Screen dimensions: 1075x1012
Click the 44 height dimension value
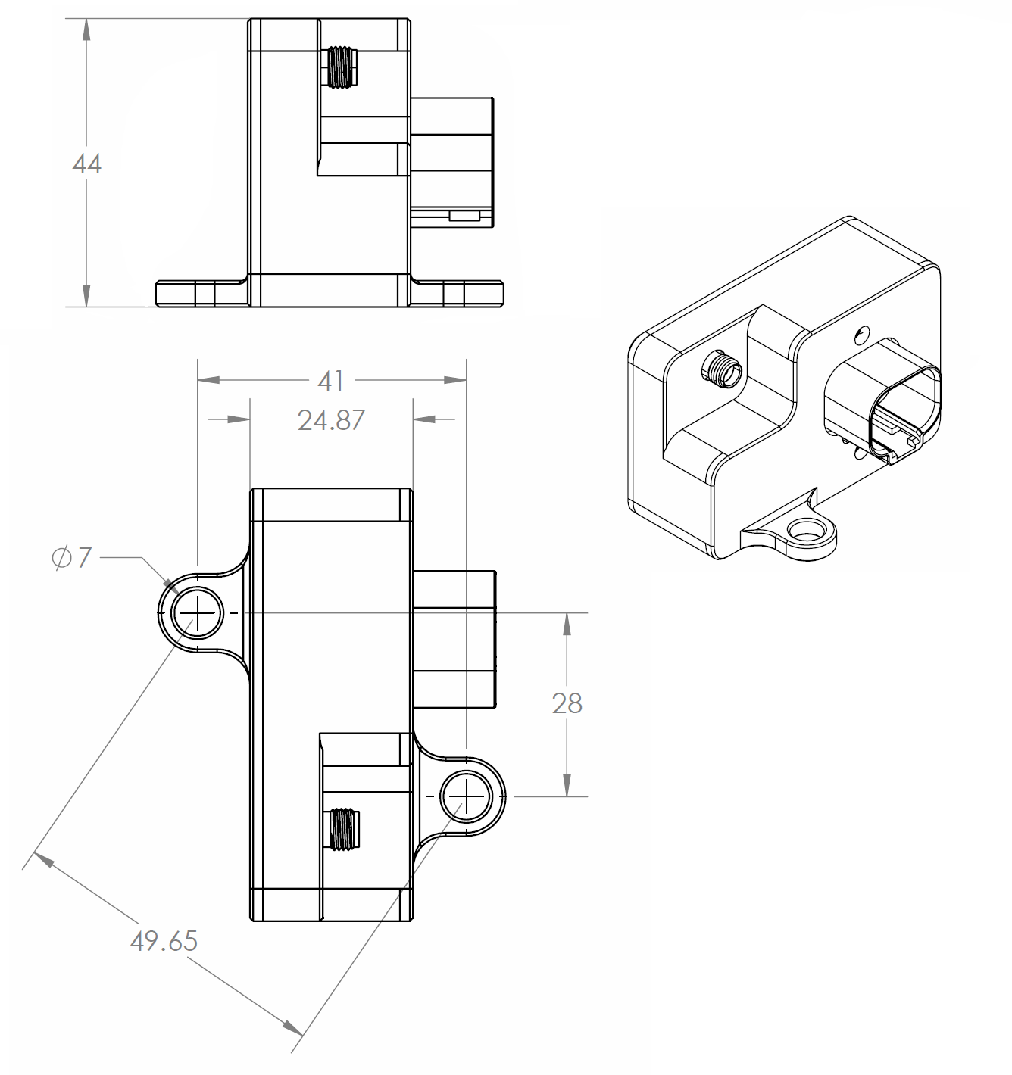tap(86, 164)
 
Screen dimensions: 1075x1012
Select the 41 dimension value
tap(331, 380)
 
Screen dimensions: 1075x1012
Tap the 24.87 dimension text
tap(331, 419)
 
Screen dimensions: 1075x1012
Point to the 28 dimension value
tap(567, 703)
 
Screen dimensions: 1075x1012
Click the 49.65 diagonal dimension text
tap(164, 941)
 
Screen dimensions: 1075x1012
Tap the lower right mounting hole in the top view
tap(466, 796)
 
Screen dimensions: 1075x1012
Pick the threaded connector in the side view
tap(342, 67)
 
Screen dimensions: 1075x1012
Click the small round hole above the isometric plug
tap(861, 333)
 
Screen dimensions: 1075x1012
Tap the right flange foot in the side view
tap(458, 292)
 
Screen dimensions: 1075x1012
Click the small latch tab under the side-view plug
tap(464, 217)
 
